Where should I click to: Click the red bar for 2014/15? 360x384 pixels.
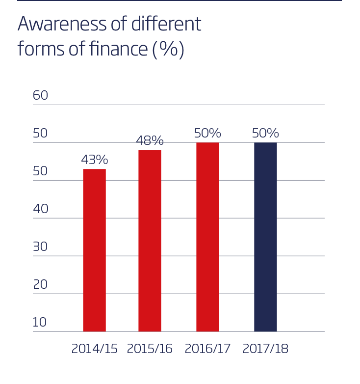click(x=94, y=250)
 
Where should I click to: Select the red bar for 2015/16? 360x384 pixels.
click(x=150, y=241)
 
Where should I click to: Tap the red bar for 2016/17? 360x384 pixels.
click(x=207, y=237)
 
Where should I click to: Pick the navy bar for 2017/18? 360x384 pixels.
click(x=265, y=237)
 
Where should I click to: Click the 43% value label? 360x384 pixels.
click(x=94, y=160)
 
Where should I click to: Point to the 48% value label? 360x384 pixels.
click(x=150, y=140)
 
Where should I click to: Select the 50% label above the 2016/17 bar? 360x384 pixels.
click(x=207, y=133)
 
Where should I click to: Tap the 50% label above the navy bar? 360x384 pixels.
click(x=265, y=133)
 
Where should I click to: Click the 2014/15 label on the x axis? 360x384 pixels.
click(x=94, y=349)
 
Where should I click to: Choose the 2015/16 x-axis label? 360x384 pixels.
click(x=150, y=349)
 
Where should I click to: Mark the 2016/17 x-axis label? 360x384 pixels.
click(x=207, y=349)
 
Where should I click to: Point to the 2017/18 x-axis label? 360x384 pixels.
click(x=265, y=349)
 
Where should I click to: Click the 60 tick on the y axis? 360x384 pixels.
click(x=40, y=95)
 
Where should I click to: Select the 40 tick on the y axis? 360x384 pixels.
click(x=40, y=209)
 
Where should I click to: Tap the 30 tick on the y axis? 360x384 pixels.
click(x=40, y=247)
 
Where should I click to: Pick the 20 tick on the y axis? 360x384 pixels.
click(x=40, y=284)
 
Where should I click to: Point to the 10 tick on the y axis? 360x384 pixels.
click(x=39, y=322)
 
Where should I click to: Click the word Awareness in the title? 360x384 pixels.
click(x=61, y=24)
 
